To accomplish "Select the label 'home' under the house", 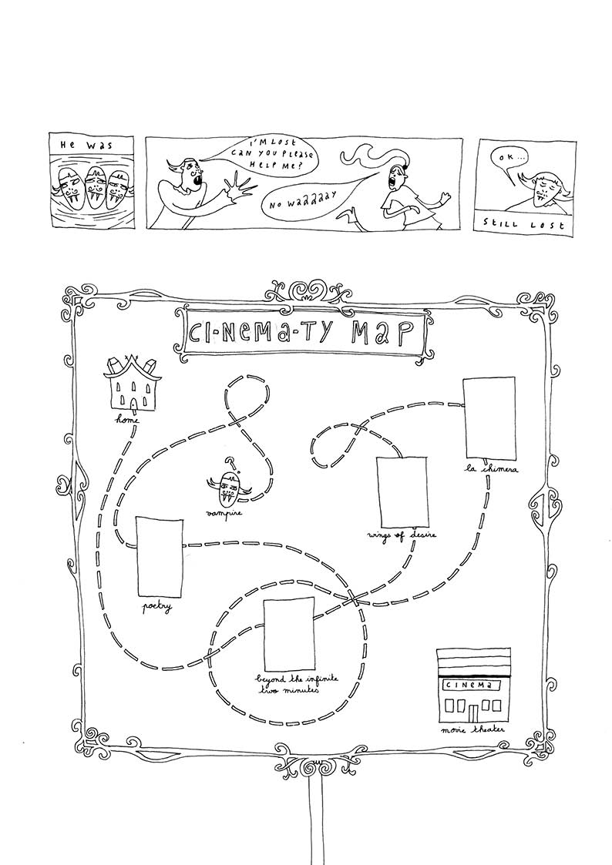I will click(127, 421).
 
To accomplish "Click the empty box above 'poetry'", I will click(160, 556).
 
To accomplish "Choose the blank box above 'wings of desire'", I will click(401, 491).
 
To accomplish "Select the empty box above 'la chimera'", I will click(489, 417).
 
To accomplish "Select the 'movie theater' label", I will click(471, 728).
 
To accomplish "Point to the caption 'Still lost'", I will click(524, 225).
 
